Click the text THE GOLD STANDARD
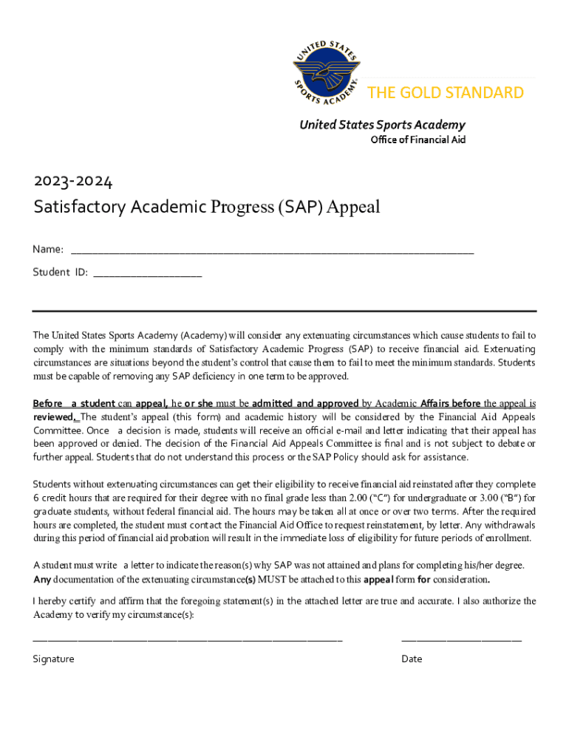pyautogui.click(x=446, y=92)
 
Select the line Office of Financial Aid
pyautogui.click(x=418, y=140)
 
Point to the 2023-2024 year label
pyautogui.click(x=73, y=181)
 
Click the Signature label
pyautogui.click(x=53, y=659)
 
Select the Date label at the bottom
pyautogui.click(x=412, y=659)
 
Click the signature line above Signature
pyautogui.click(x=187, y=639)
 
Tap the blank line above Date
pyautogui.click(x=461, y=639)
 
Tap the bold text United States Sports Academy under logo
pyautogui.click(x=382, y=125)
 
